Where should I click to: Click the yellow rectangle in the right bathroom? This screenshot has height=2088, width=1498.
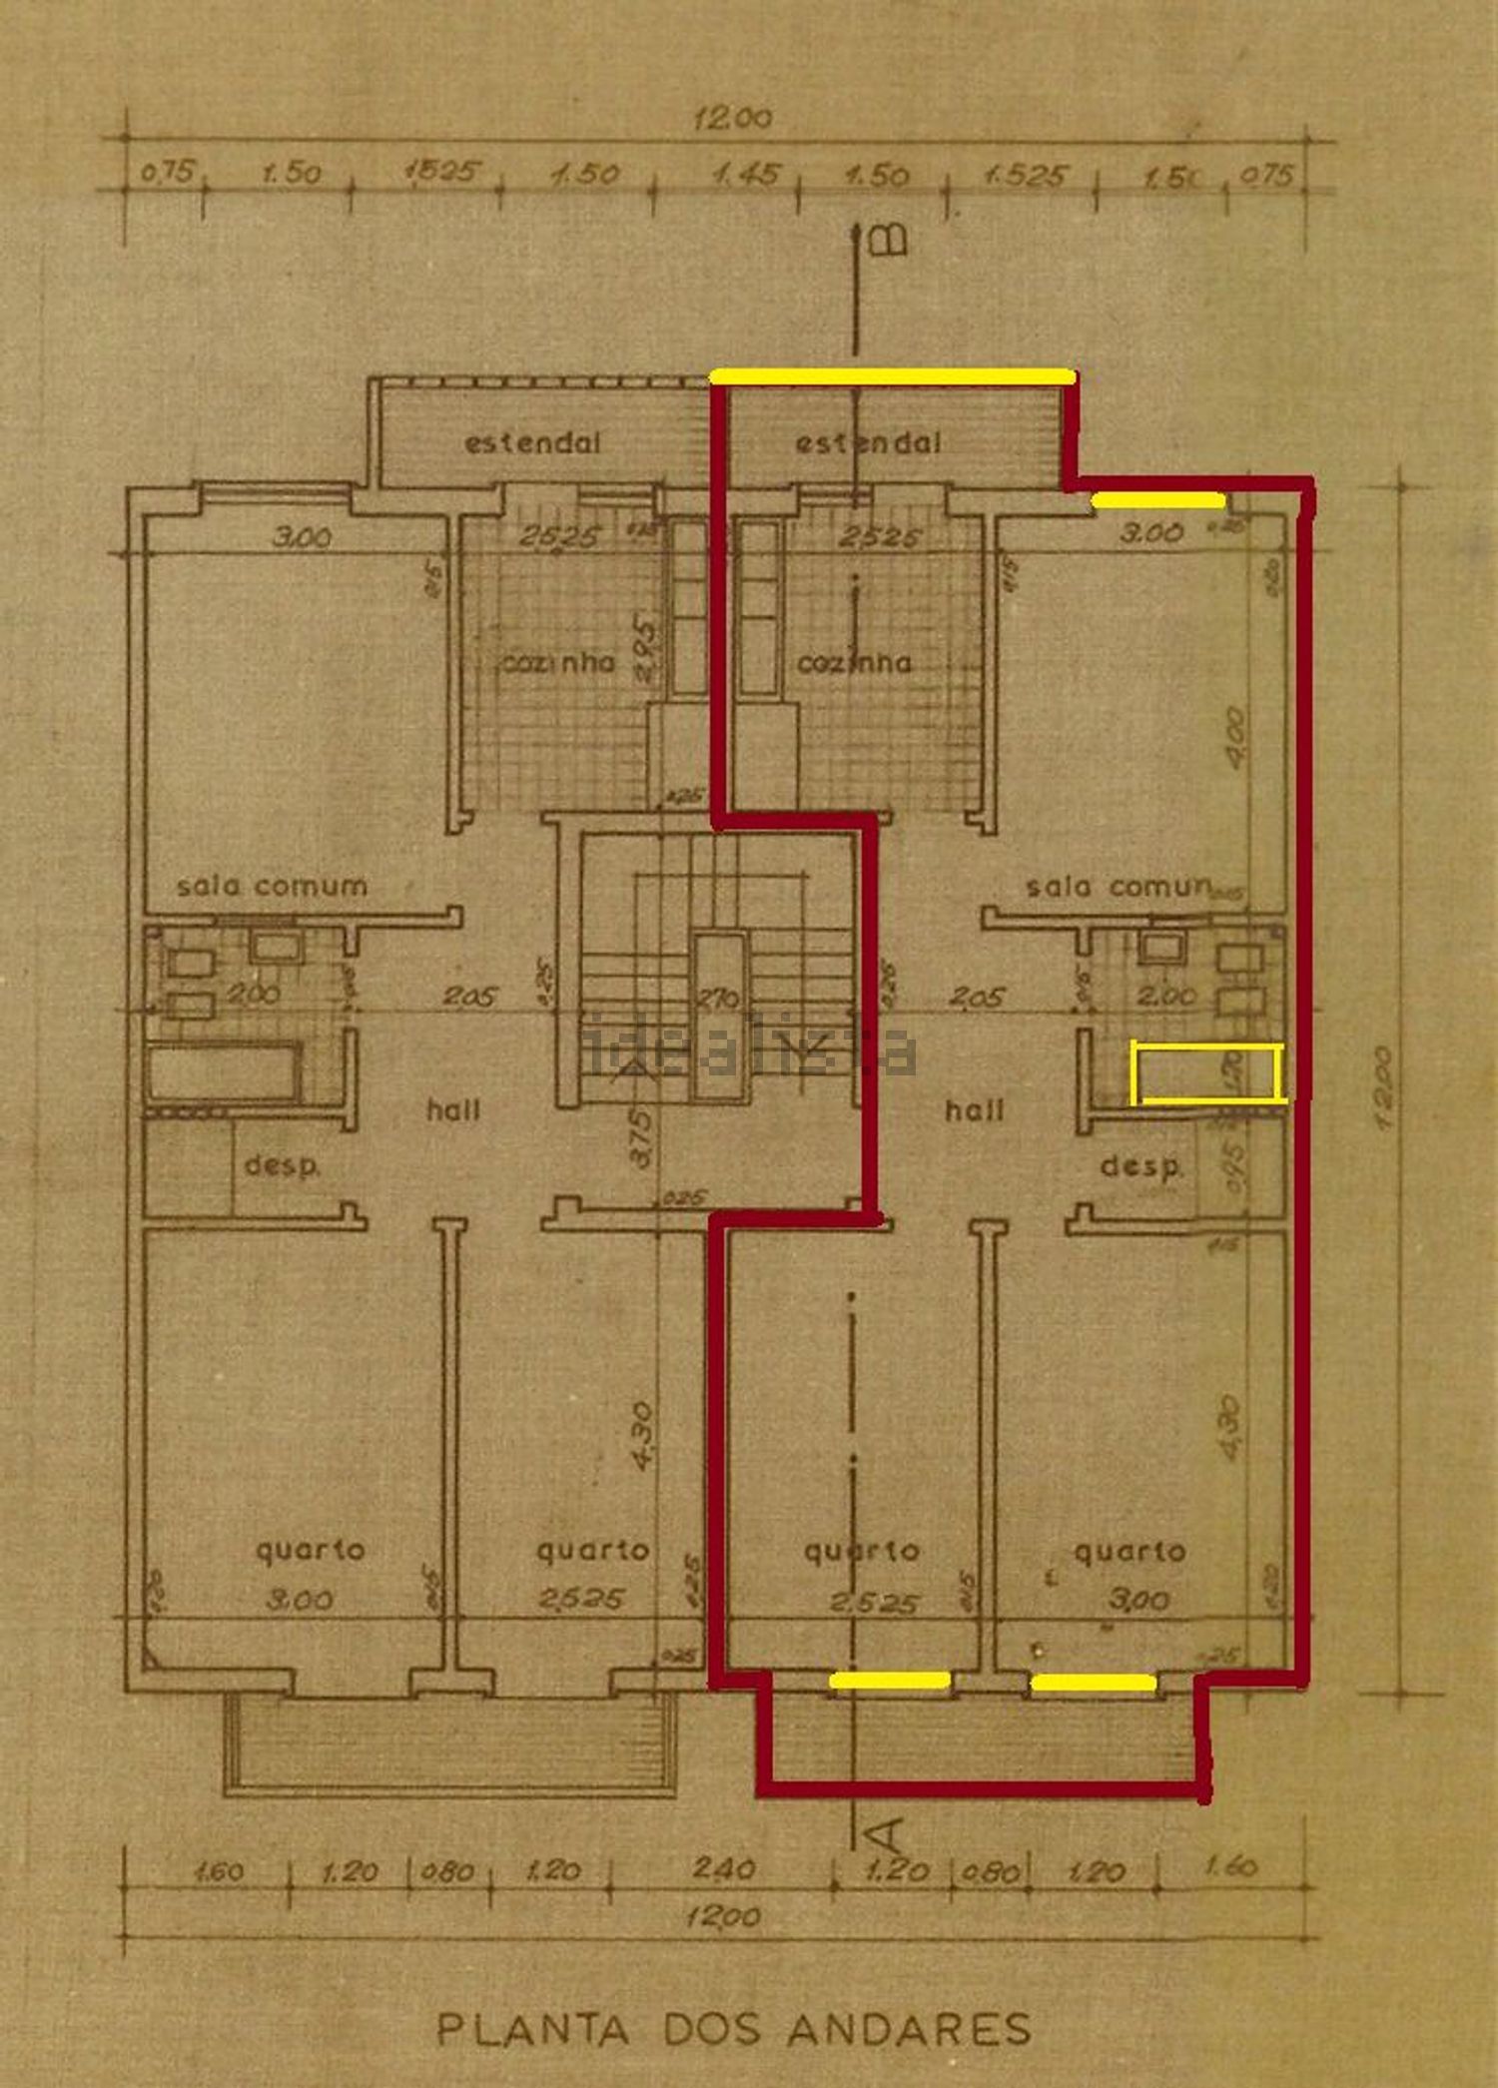(1206, 1073)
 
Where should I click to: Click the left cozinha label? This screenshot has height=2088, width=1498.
(557, 662)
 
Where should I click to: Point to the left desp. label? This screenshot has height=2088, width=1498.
(282, 1165)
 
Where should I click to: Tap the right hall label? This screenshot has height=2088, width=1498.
(974, 1110)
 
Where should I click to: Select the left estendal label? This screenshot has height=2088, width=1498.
(532, 442)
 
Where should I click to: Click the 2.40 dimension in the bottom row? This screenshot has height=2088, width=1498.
(723, 1867)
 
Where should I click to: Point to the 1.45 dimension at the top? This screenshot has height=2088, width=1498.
(746, 175)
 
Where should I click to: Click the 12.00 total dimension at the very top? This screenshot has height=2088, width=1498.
(732, 118)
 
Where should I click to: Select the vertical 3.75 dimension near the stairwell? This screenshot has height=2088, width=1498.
(641, 1138)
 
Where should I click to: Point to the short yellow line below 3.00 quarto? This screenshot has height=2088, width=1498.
(1093, 1684)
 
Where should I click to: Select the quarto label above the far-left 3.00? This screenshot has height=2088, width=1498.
(310, 1550)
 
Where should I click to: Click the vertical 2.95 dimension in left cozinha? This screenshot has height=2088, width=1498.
(645, 651)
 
